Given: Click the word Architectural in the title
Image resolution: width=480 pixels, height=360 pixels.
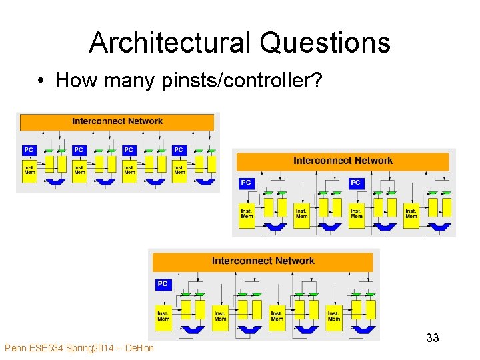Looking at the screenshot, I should pyautogui.click(x=170, y=43).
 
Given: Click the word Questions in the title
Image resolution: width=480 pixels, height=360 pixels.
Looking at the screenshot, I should pyautogui.click(x=325, y=43).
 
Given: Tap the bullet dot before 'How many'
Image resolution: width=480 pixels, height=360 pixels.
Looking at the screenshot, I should pyautogui.click(x=41, y=81).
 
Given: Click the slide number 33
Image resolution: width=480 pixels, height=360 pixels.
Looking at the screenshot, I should pyautogui.click(x=433, y=338).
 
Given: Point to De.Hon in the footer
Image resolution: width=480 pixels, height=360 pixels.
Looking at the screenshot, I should pyautogui.click(x=140, y=348).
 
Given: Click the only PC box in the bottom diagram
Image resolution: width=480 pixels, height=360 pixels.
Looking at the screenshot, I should pyautogui.click(x=163, y=284).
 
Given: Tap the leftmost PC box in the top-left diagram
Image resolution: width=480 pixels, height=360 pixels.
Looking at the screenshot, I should pyautogui.click(x=29, y=150).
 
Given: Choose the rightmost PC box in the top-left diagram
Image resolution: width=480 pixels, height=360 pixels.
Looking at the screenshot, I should pyautogui.click(x=178, y=150).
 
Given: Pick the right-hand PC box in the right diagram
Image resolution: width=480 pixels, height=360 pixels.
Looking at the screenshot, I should pyautogui.click(x=355, y=183).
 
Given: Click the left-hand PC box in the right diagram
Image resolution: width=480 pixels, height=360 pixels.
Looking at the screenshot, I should pyautogui.click(x=246, y=183).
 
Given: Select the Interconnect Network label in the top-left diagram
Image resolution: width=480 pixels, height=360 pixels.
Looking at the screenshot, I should pyautogui.click(x=117, y=121).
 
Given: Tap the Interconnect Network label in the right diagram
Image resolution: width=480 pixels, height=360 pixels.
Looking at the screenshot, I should pyautogui.click(x=343, y=161).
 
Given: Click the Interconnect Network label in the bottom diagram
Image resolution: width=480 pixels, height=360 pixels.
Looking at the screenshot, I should pyautogui.click(x=263, y=261).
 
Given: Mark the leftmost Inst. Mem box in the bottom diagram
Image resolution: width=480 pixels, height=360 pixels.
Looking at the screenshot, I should pyautogui.click(x=163, y=315).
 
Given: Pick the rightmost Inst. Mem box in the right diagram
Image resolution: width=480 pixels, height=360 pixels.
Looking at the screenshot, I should pyautogui.click(x=411, y=214).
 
